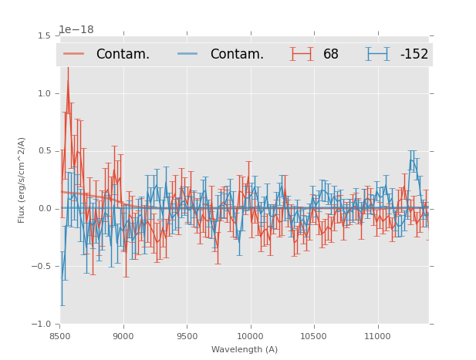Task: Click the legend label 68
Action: [331, 54]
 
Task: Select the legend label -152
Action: [414, 54]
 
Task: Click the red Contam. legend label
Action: [123, 54]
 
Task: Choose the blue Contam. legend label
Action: [237, 54]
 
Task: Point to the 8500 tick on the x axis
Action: [60, 336]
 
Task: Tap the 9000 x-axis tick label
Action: [123, 336]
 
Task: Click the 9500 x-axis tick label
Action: [187, 336]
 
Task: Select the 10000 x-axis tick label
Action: [250, 336]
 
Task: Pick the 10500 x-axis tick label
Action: [313, 336]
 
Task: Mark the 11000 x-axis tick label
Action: [376, 336]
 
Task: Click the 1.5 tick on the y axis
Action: [45, 35]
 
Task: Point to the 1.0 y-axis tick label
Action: [45, 93]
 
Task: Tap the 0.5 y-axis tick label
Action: [45, 151]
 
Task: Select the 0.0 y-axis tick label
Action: [45, 209]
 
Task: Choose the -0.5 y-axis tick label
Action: [43, 267]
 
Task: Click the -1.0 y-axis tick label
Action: [43, 325]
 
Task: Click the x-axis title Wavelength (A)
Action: [245, 350]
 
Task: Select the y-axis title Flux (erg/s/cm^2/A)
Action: [22, 180]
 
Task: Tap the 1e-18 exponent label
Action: [76, 29]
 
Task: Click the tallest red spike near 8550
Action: [67, 81]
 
